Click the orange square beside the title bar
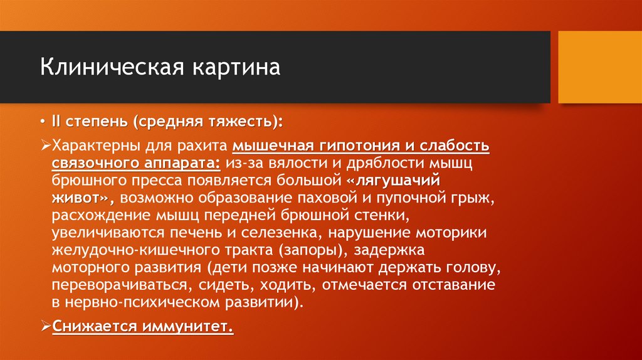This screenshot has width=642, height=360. point(599,66)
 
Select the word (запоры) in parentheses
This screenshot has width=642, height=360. point(311,251)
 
